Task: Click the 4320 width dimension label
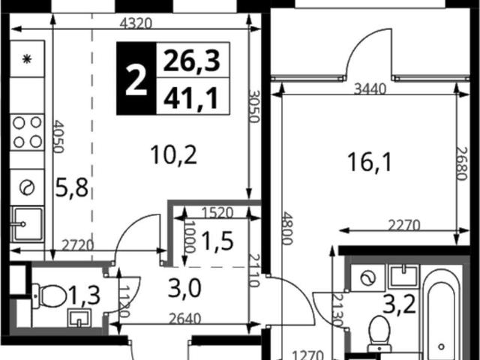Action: (136, 23)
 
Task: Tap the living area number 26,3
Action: (192, 60)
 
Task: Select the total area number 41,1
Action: (191, 98)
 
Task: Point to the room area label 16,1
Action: (370, 162)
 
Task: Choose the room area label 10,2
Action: (174, 155)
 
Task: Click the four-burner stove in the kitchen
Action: (27, 132)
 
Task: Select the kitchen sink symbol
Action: (27, 224)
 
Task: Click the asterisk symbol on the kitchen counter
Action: (27, 58)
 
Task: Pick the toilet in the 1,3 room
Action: (49, 296)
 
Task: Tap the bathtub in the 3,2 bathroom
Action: (441, 313)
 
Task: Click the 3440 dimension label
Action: (370, 89)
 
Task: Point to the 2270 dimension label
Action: (404, 226)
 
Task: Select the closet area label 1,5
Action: (217, 241)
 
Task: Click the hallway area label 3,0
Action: (184, 289)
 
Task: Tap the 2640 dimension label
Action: (185, 319)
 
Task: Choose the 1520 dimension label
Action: (217, 213)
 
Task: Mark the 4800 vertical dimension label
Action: (286, 228)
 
